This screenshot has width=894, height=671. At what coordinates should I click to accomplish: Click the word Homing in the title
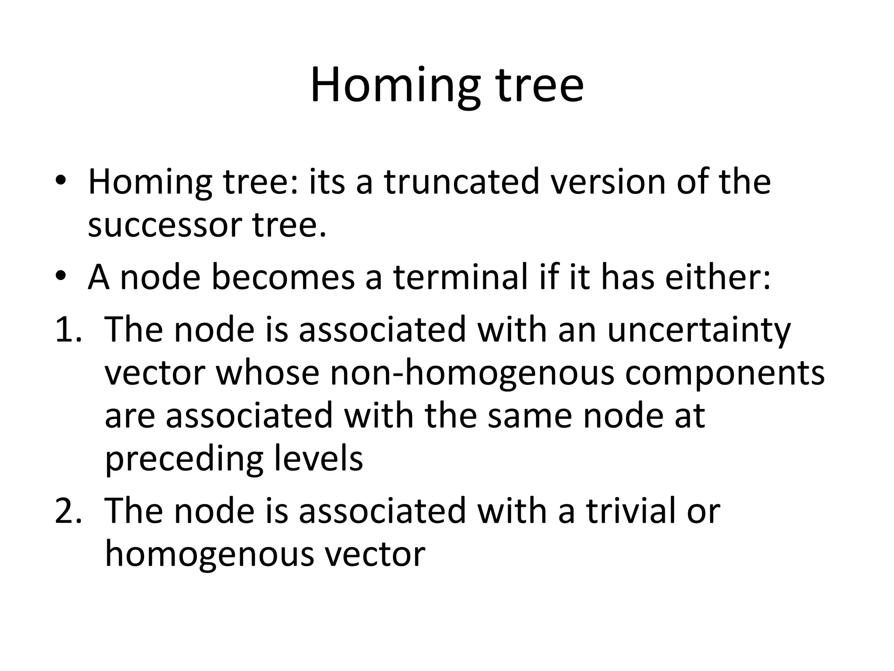click(395, 85)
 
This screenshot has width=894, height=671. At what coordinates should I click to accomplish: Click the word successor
click(165, 225)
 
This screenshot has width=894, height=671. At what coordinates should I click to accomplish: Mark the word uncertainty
click(698, 330)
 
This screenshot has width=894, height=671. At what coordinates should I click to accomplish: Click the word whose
click(268, 373)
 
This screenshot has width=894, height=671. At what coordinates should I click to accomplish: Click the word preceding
click(184, 460)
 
